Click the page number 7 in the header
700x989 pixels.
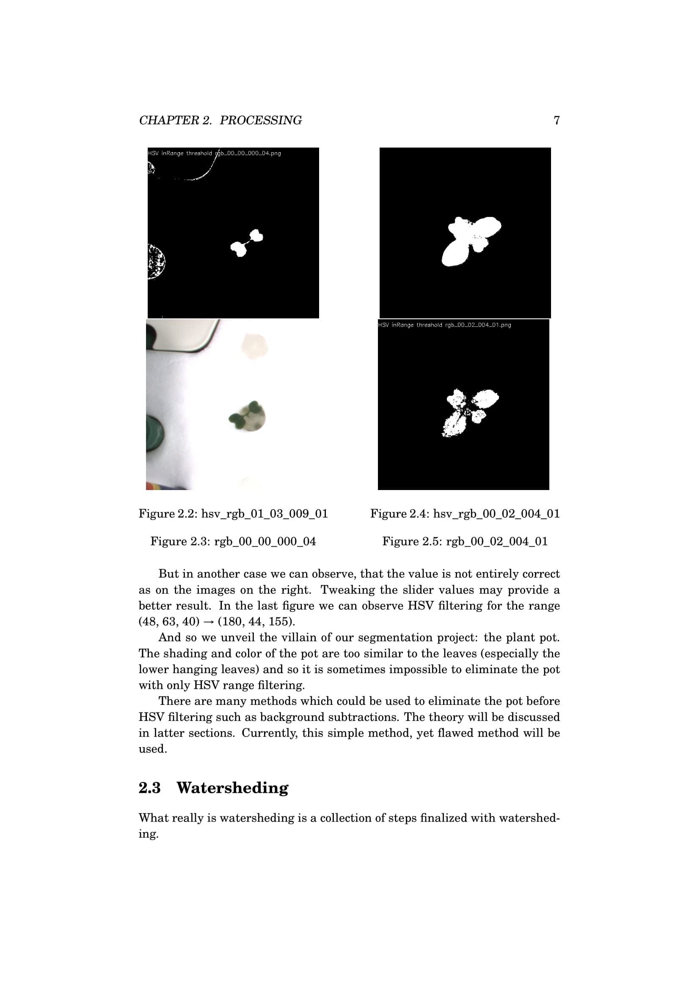click(x=557, y=120)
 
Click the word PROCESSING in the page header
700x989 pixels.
click(x=260, y=120)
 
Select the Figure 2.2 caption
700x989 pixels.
click(x=233, y=513)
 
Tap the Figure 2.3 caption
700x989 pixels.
click(x=233, y=541)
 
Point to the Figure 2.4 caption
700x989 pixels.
click(x=465, y=513)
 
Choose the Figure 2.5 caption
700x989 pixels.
click(x=465, y=541)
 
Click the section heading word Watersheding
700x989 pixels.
click(x=232, y=788)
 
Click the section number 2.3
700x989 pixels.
click(x=149, y=788)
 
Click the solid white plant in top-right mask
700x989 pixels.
click(x=469, y=240)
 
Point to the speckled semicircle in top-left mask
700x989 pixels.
click(x=156, y=261)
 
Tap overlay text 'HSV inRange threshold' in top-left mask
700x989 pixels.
click(x=180, y=153)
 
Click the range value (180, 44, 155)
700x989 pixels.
click(x=256, y=622)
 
